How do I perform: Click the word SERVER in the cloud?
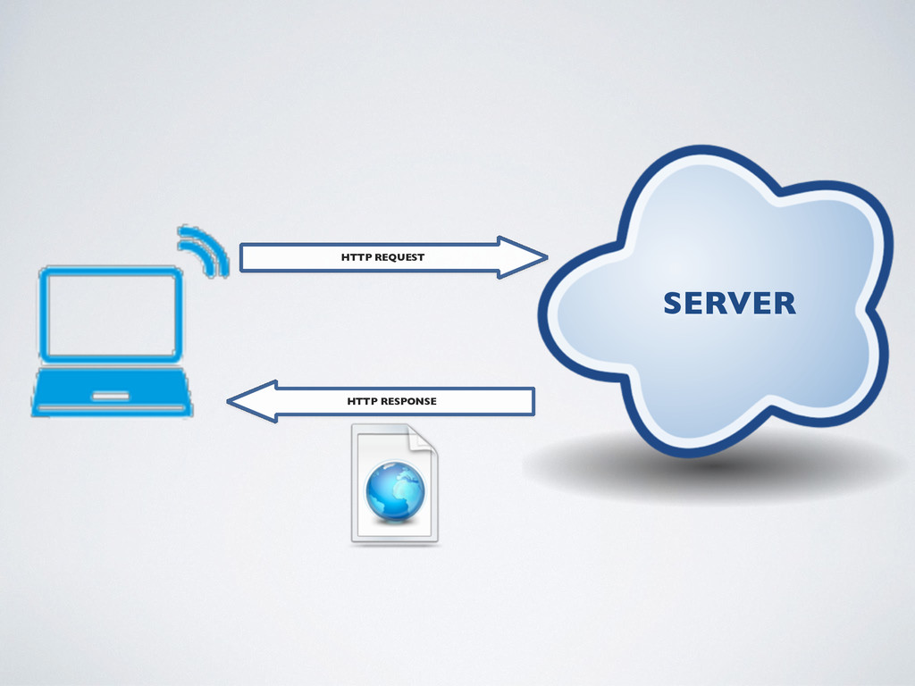click(x=729, y=304)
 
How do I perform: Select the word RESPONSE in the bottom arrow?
click(x=408, y=402)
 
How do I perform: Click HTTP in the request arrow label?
click(x=357, y=258)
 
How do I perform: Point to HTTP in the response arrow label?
click(x=362, y=402)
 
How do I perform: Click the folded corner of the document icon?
click(x=423, y=439)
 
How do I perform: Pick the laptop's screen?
click(x=112, y=314)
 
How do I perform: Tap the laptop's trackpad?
click(x=111, y=396)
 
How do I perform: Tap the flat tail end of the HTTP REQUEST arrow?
click(x=243, y=258)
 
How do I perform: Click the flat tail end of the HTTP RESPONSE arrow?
click(x=531, y=402)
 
